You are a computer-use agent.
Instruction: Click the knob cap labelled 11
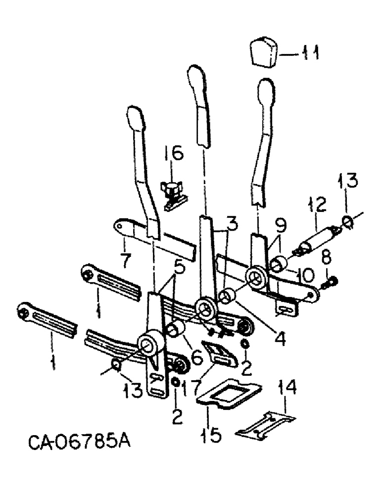pos(263,53)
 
